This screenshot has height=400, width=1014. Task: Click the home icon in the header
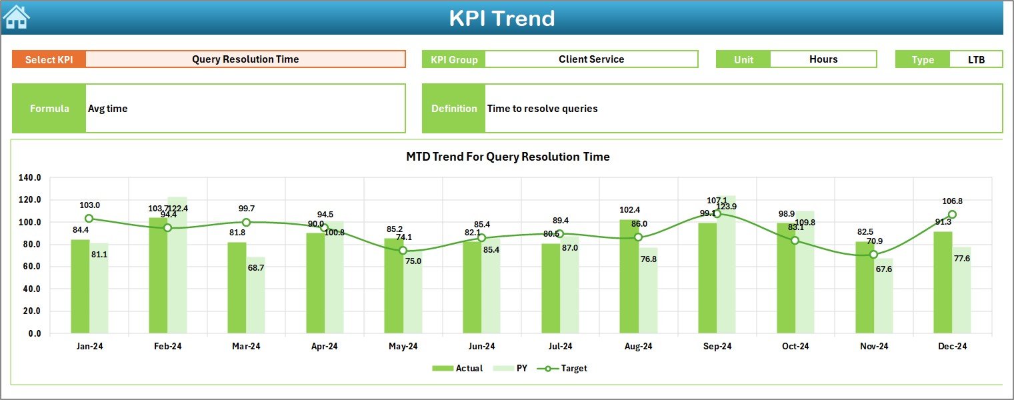pyautogui.click(x=17, y=17)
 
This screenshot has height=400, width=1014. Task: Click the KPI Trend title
pyautogui.click(x=501, y=18)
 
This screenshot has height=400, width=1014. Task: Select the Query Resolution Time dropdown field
pyautogui.click(x=245, y=59)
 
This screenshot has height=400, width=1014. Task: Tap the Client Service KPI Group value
pyautogui.click(x=591, y=59)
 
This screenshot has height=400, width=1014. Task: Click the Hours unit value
pyautogui.click(x=823, y=59)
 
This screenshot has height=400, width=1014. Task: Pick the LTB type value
pyautogui.click(x=977, y=59)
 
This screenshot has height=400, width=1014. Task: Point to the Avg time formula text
pyautogui.click(x=108, y=109)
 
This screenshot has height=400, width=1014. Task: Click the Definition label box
pyautogui.click(x=454, y=109)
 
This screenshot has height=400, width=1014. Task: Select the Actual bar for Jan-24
pyautogui.click(x=80, y=287)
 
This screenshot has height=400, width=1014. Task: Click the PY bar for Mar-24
pyautogui.click(x=255, y=295)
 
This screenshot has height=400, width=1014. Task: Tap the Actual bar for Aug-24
pyautogui.click(x=629, y=277)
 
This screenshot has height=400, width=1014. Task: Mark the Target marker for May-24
pyautogui.click(x=403, y=251)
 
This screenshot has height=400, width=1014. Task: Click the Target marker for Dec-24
pyautogui.click(x=952, y=215)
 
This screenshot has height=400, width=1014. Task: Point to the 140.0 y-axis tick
pyautogui.click(x=30, y=178)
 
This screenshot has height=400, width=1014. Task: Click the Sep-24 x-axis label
pyautogui.click(x=717, y=347)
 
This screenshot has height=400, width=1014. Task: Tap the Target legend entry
pyautogui.click(x=566, y=368)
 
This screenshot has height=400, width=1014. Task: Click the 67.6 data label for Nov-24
pyautogui.click(x=884, y=269)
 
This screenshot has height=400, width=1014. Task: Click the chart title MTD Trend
pyautogui.click(x=507, y=157)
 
